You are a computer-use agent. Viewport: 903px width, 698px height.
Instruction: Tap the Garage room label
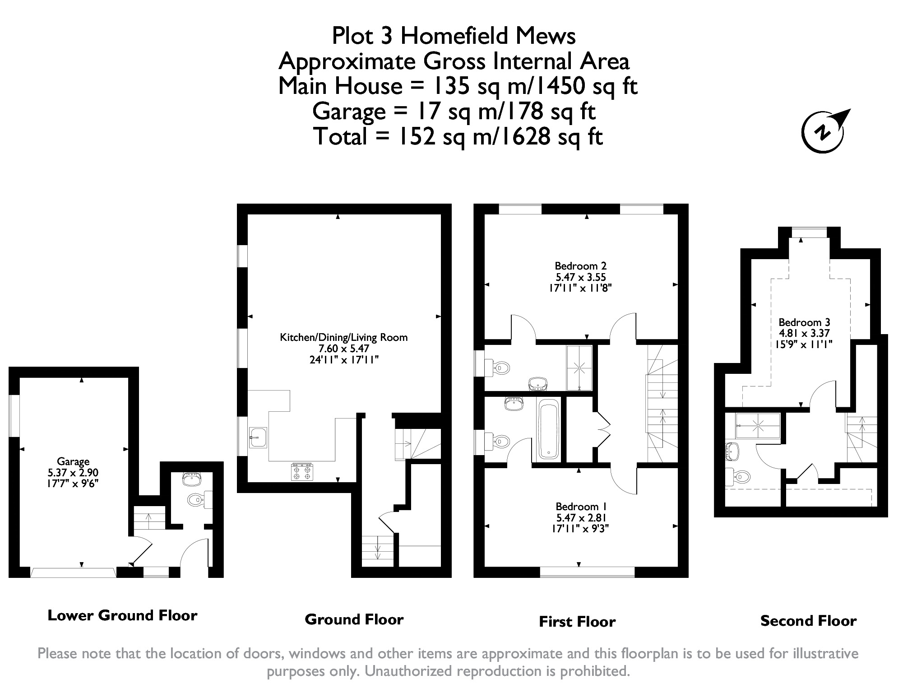click(73, 461)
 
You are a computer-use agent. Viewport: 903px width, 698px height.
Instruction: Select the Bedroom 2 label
click(580, 266)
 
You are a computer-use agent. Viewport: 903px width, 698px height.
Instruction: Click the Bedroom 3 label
click(804, 322)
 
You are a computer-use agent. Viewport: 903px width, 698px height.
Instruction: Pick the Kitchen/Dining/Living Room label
click(344, 337)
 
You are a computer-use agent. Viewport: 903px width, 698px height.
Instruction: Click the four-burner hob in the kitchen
click(302, 471)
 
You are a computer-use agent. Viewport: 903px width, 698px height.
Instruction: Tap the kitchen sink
click(259, 437)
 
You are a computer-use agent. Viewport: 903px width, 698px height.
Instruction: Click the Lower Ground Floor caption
click(122, 615)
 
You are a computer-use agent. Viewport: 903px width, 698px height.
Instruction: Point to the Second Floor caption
click(808, 621)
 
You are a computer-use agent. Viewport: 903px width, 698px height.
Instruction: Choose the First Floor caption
click(577, 622)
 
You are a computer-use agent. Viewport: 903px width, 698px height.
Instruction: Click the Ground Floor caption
click(354, 619)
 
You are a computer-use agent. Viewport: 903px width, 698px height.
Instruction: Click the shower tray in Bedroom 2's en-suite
click(579, 368)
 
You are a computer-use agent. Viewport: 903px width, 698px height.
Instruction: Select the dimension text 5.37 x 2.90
click(73, 473)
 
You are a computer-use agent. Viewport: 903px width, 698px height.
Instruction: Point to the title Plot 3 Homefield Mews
click(454, 36)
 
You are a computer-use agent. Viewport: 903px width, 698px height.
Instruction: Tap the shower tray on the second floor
click(758, 426)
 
